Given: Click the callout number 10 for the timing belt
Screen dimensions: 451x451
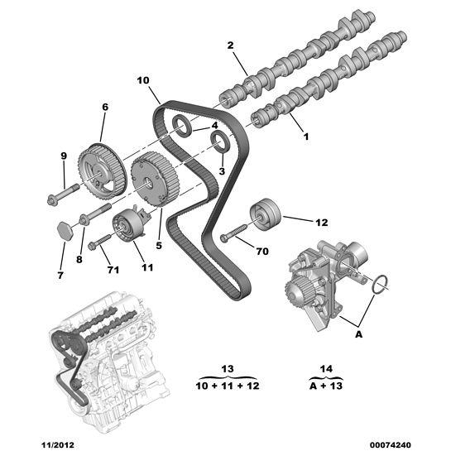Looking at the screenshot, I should click(142, 80).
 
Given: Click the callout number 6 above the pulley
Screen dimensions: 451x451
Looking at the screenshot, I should click(105, 107).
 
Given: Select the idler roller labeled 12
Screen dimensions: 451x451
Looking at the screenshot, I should click(266, 217).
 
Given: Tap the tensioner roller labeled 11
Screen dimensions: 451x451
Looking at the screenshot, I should click(130, 225).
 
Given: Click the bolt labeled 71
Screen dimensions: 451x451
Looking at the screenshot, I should click(100, 242).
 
